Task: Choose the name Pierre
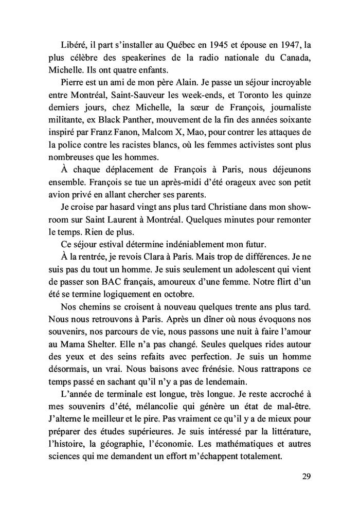(x=73, y=82)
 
